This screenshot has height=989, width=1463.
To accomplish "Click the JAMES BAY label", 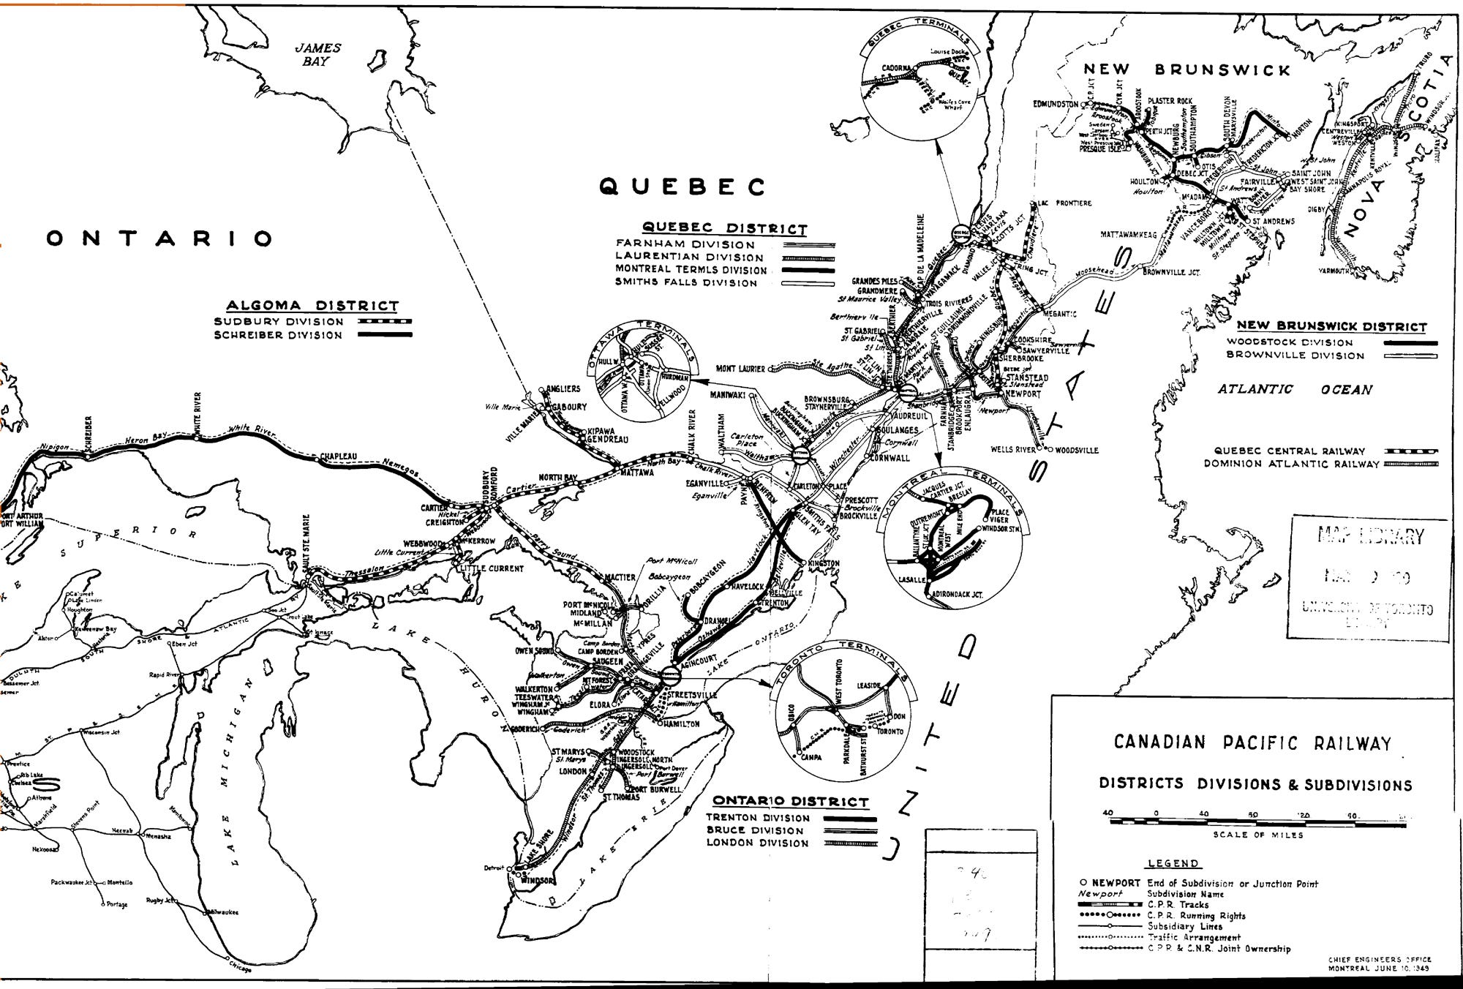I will (x=317, y=55).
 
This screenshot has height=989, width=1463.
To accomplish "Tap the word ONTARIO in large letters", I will (x=159, y=238).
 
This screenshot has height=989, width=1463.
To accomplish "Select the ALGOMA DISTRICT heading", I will (x=312, y=306).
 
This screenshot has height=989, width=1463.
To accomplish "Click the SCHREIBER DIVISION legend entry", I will (x=278, y=336).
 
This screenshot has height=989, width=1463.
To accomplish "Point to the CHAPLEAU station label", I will (x=339, y=457).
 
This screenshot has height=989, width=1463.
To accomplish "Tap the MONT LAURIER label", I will (x=740, y=369).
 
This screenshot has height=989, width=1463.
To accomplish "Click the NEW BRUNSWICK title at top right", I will (x=1186, y=70).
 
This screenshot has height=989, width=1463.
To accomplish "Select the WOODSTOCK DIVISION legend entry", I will (x=1290, y=342).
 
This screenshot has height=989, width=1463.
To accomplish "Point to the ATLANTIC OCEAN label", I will (x=1295, y=390).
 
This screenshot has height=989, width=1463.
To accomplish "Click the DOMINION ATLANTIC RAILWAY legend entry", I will (x=1291, y=464).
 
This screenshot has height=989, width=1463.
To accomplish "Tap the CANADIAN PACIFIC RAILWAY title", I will (x=1252, y=743).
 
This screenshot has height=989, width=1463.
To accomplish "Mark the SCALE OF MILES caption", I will (x=1258, y=835).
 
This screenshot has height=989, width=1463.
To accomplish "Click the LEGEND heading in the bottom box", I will (x=1173, y=864).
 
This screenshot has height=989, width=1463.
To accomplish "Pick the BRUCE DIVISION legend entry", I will (x=755, y=830).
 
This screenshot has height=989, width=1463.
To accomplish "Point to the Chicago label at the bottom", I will (x=239, y=969).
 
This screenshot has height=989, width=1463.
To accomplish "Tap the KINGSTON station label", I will (x=823, y=564).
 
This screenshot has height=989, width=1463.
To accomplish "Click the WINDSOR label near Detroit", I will (x=538, y=881).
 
